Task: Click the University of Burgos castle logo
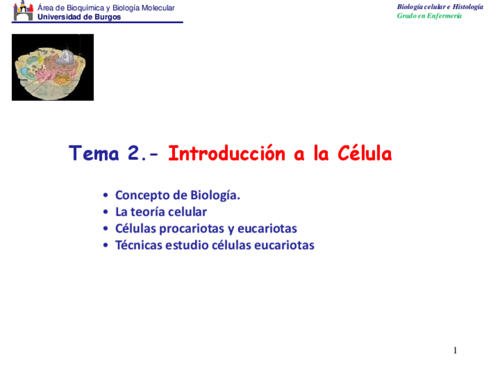[23, 11]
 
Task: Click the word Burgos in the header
[108, 17]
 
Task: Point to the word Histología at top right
[468, 6]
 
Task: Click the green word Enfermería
[444, 15]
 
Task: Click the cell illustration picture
[52, 67]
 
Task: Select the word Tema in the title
[94, 153]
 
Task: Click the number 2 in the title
[134, 153]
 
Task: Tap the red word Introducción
[226, 153]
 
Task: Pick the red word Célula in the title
[364, 153]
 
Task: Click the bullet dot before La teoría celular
[106, 212]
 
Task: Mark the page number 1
[455, 350]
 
